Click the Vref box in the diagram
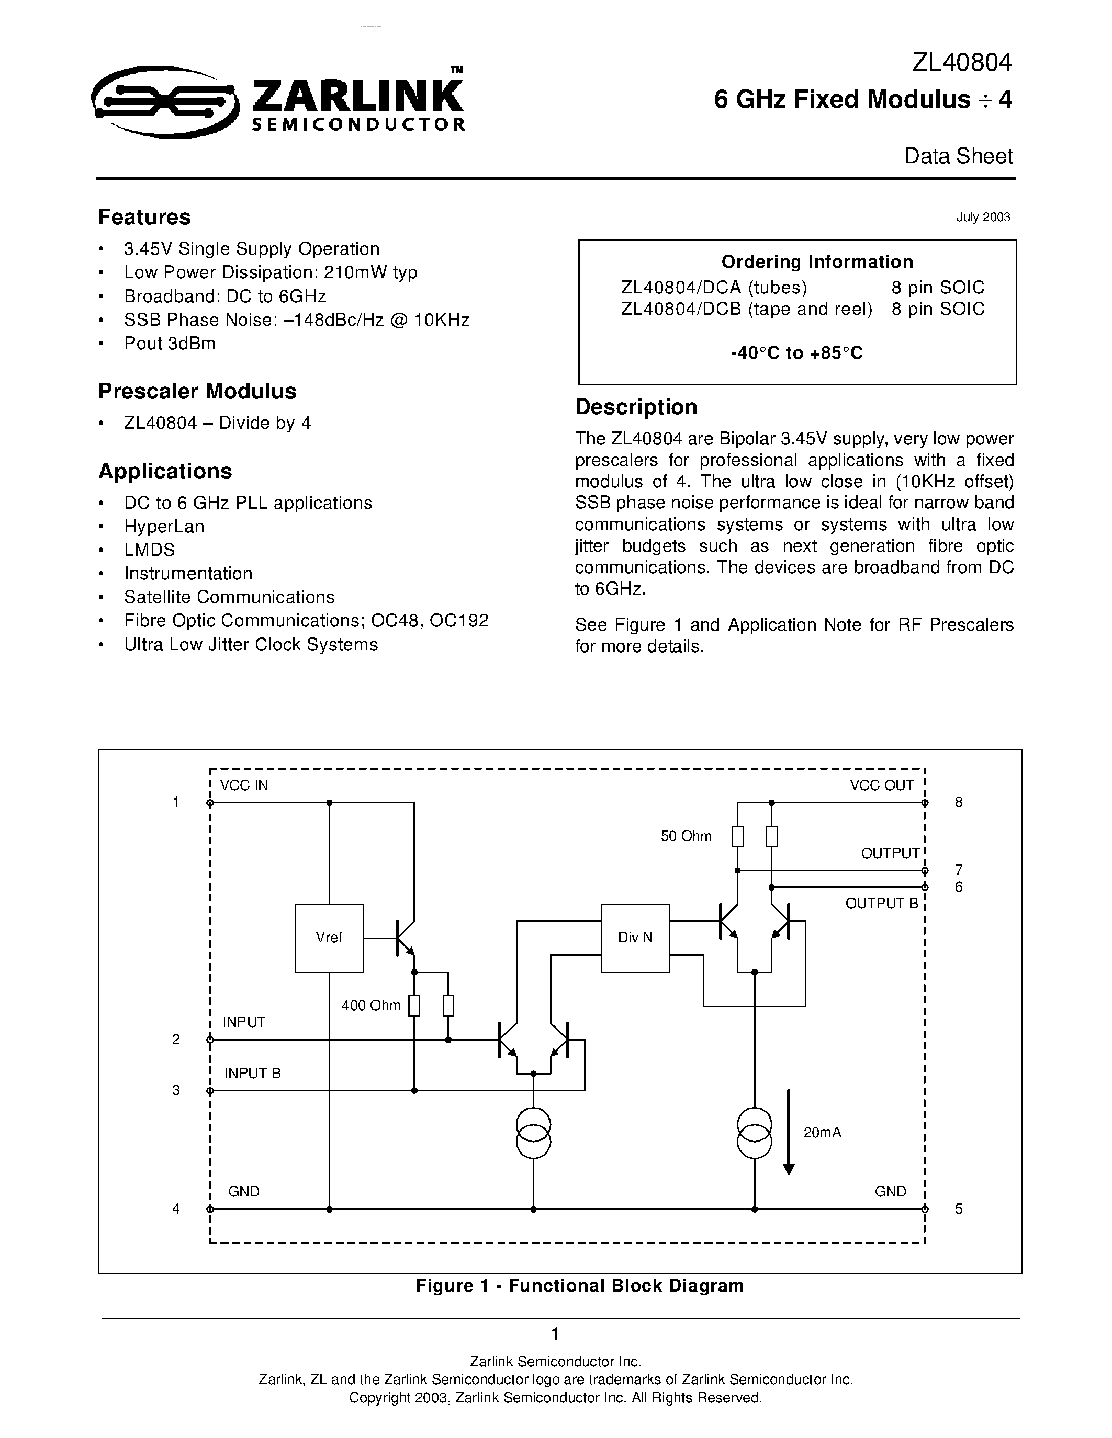pos(329,938)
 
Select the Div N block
pos(635,938)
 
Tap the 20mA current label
pos(822,1133)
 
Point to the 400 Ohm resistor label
pos(371,1006)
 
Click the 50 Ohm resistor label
pos(686,836)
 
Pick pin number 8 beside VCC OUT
pos(959,802)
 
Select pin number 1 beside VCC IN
pos(176,802)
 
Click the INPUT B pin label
pos(252,1073)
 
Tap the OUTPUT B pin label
pos(881,904)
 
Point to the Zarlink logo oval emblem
pos(165,102)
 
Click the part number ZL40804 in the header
pos(962,63)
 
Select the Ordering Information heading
pos(817,262)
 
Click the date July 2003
pos(983,218)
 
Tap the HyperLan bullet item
pos(164,527)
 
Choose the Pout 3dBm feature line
pos(170,344)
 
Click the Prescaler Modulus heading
pos(197,391)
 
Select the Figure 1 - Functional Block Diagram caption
pos(580,1286)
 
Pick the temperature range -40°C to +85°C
pos(796,353)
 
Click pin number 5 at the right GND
pos(959,1209)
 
